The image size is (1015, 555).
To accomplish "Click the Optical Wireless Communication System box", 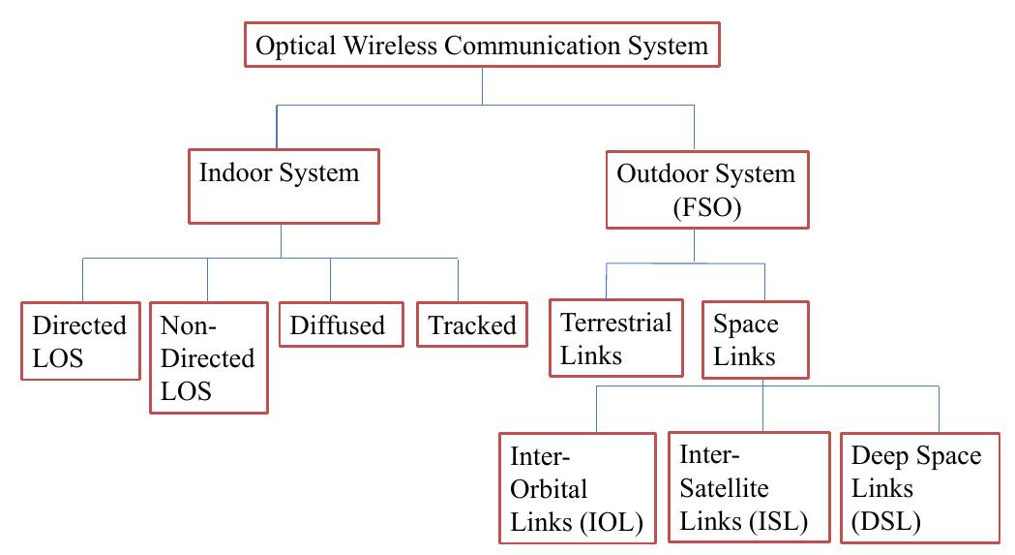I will point(481,46).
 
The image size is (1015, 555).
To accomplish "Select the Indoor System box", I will point(281,184).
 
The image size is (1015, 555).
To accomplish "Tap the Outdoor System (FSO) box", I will point(705,190).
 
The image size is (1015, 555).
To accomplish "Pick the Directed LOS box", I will point(79,342).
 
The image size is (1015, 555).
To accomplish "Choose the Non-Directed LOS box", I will point(207,357).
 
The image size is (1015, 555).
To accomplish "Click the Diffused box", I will point(338,325).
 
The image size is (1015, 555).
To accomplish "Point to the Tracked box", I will point(472,325).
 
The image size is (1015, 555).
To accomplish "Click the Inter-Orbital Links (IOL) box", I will point(578,488).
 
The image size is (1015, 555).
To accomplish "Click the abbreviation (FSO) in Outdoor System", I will point(705,206).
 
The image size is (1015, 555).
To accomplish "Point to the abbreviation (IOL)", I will point(619,522).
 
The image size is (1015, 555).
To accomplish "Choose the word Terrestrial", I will point(616,323).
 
